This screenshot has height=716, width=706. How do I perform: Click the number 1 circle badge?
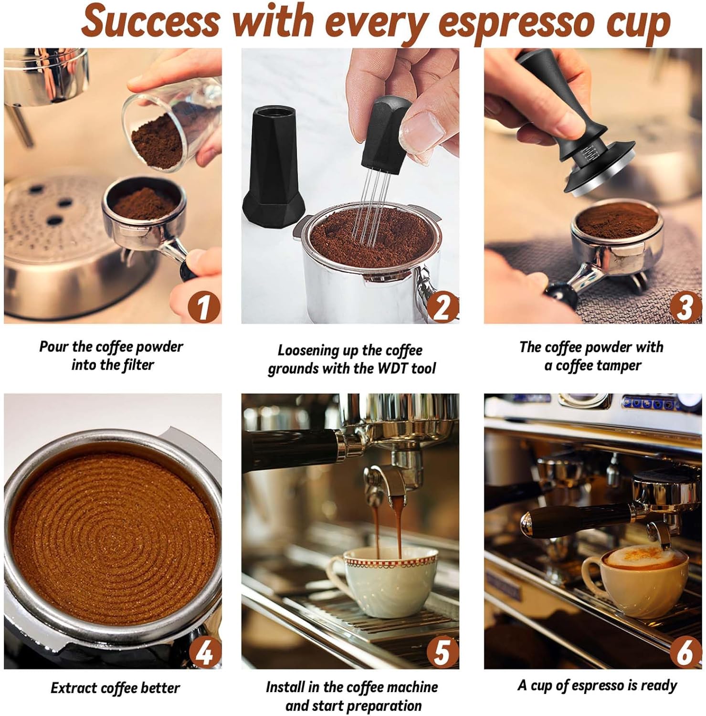click(204, 307)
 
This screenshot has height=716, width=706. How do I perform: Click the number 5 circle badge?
click(442, 652)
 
